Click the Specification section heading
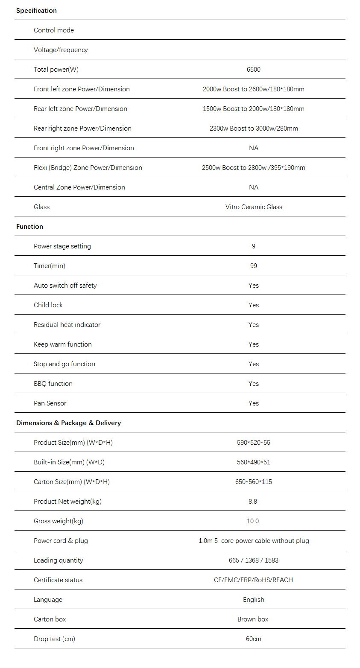click(x=36, y=11)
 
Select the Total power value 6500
click(x=253, y=70)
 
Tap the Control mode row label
click(x=54, y=30)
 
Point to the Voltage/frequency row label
click(x=61, y=50)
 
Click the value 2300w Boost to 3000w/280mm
click(x=253, y=128)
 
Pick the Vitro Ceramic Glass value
click(x=254, y=207)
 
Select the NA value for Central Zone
click(x=254, y=187)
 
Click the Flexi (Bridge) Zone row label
click(x=88, y=168)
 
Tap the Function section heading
click(x=29, y=227)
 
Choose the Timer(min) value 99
click(x=254, y=266)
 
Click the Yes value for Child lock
click(x=254, y=305)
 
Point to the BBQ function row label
click(x=53, y=384)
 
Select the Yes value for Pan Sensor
click(x=254, y=403)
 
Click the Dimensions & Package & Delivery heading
click(x=68, y=423)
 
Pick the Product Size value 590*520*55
click(x=253, y=443)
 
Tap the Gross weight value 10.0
click(x=253, y=521)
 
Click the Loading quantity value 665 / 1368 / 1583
click(x=253, y=560)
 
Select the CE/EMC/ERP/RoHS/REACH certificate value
click(x=253, y=580)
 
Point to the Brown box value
click(x=253, y=619)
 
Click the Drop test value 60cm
click(x=253, y=639)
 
